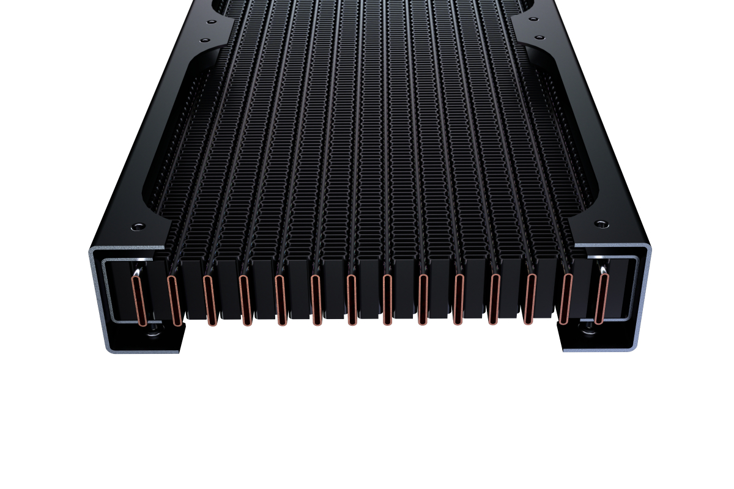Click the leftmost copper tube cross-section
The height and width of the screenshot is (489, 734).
[139, 300]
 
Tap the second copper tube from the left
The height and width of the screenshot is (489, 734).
[174, 300]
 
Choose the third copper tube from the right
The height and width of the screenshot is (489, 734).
[530, 299]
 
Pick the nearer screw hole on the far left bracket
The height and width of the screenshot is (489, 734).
[204, 40]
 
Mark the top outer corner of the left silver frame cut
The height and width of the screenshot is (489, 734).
[92, 251]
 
